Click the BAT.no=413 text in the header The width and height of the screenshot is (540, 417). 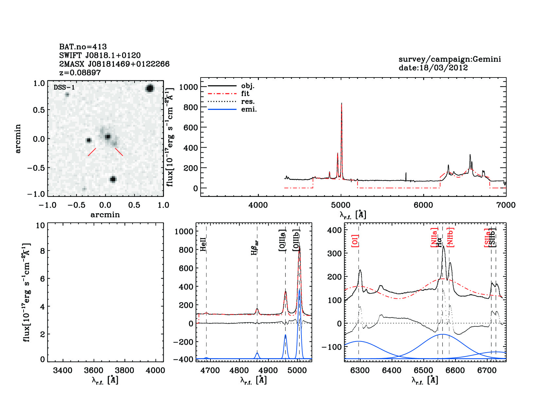click(x=83, y=47)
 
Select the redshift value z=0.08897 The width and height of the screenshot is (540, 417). click(x=80, y=73)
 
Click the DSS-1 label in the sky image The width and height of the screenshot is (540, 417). click(x=64, y=88)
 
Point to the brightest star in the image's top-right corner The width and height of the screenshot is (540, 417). click(x=150, y=88)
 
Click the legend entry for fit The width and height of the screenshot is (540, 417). click(x=245, y=94)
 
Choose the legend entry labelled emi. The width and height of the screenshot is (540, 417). click(x=249, y=110)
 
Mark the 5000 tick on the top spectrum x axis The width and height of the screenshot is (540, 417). click(x=341, y=205)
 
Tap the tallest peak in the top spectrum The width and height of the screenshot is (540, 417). click(x=341, y=104)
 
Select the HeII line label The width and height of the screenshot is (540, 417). click(x=203, y=244)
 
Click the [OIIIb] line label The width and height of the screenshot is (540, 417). click(x=296, y=240)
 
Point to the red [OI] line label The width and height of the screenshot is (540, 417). click(x=355, y=240)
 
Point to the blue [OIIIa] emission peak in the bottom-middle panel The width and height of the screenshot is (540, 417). click(x=285, y=335)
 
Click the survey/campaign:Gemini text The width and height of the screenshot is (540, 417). click(x=449, y=59)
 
